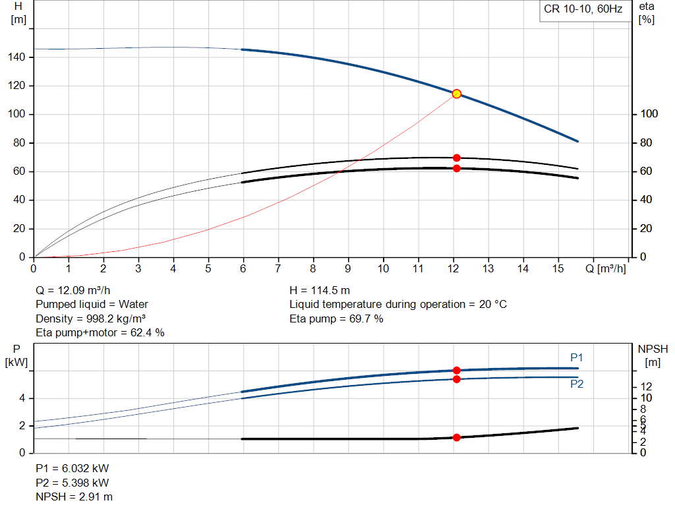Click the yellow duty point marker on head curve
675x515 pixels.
coord(456,94)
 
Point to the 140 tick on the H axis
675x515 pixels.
coord(18,57)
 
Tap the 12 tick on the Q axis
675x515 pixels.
coord(453,268)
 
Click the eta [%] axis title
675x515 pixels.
coord(646,13)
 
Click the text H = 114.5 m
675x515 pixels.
coord(319,290)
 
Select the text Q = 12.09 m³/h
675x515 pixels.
coord(73,290)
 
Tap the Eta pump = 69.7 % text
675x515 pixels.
coord(336,318)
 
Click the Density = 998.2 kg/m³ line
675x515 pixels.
coord(90,318)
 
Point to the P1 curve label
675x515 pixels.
coord(577,357)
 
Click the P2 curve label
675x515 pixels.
coord(577,384)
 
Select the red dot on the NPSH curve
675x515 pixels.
coord(456,437)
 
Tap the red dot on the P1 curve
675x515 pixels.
coord(456,371)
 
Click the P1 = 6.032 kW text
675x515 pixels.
coord(72,468)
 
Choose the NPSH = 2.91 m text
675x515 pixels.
coord(74,497)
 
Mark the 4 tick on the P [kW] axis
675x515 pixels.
coord(22,398)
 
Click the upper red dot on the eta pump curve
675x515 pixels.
coord(456,158)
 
